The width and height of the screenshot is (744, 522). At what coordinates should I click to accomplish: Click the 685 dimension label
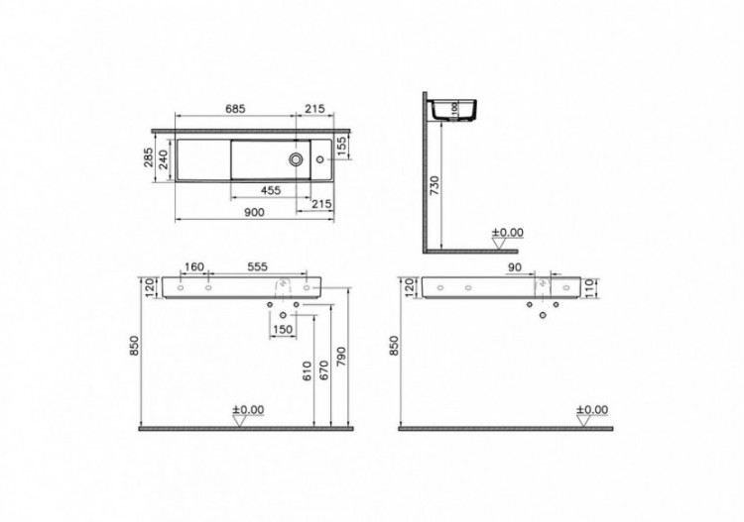[233, 107]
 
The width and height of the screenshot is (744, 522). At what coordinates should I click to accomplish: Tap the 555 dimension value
[257, 267]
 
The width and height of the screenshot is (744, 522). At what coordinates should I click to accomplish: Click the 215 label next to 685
[315, 107]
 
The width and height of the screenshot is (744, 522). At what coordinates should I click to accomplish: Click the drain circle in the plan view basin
[297, 157]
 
